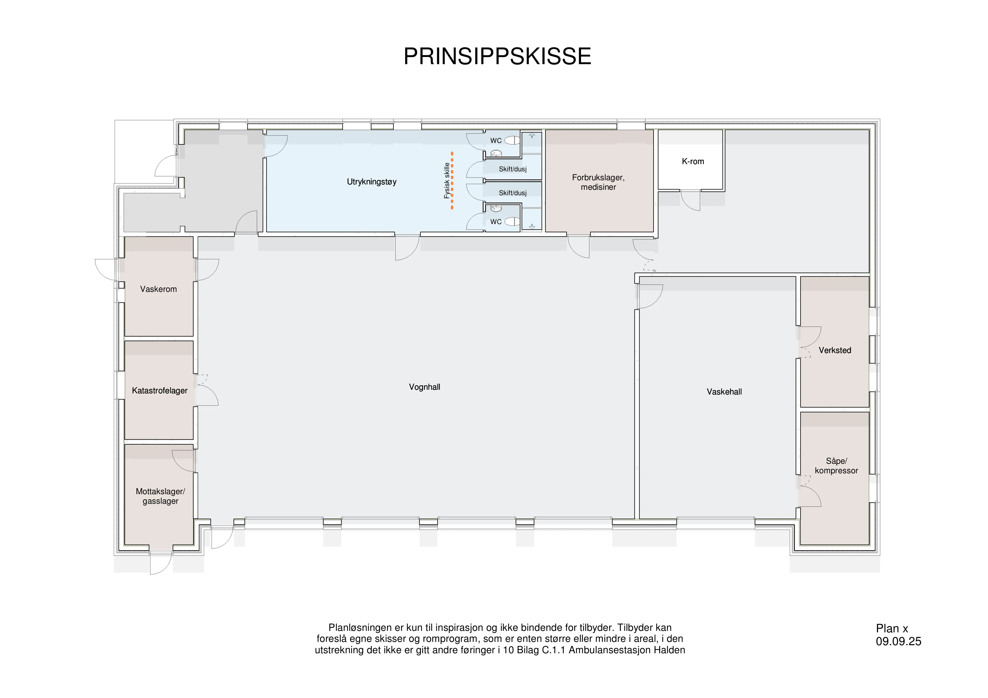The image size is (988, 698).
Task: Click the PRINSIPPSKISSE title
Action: (497, 56)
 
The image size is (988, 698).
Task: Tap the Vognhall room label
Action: (424, 387)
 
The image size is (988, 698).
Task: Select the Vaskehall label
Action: (724, 392)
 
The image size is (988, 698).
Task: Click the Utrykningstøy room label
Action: (372, 182)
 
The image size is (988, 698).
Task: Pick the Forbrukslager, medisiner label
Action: (598, 182)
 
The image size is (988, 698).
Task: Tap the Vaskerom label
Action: (158, 289)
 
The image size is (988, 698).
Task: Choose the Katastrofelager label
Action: (160, 391)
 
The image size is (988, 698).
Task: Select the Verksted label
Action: (835, 350)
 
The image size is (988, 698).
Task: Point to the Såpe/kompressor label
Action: (836, 466)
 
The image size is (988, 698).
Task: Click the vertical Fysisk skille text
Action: (447, 181)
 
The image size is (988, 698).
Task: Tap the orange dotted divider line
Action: (452, 181)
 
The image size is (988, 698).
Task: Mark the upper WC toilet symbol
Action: (512, 140)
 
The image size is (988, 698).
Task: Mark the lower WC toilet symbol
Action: (512, 221)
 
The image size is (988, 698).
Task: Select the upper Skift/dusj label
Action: (512, 169)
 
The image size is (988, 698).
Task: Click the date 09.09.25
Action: (898, 642)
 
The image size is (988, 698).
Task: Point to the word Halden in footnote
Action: (670, 650)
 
